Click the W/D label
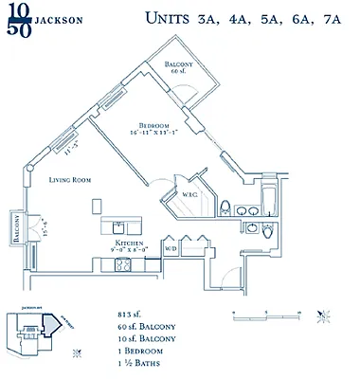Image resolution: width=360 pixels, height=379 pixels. click(x=171, y=249)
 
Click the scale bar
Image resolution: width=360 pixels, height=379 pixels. click(x=266, y=314)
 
